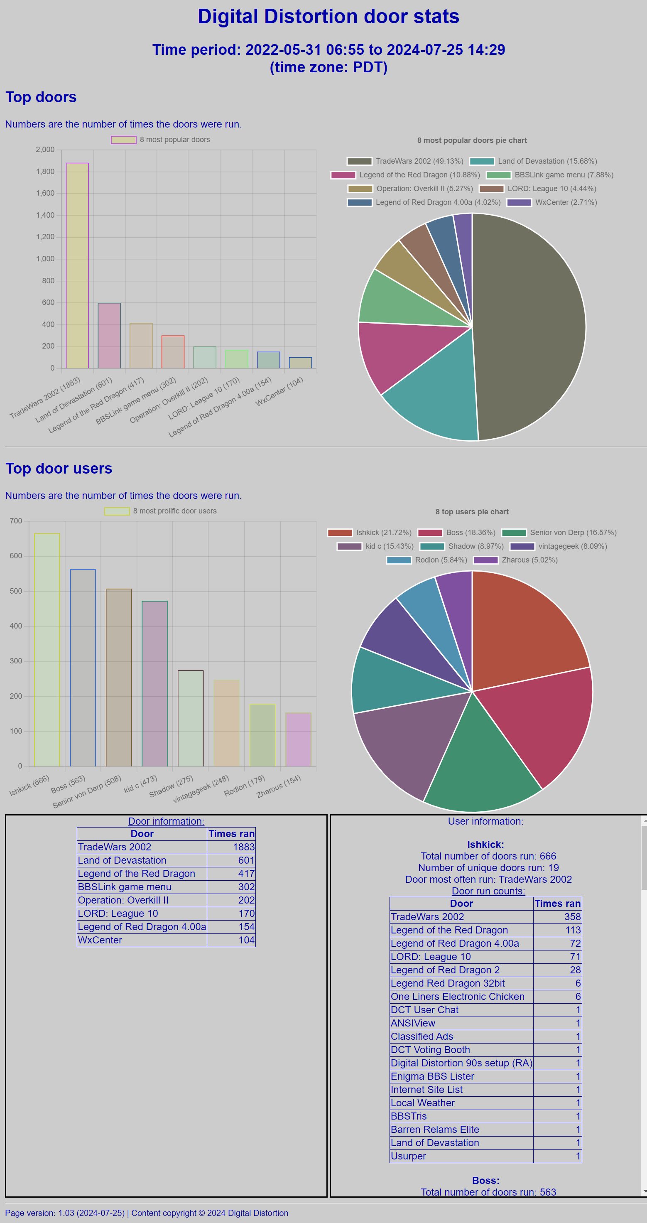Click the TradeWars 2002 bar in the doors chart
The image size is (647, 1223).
point(77,266)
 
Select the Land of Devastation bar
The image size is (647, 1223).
point(109,336)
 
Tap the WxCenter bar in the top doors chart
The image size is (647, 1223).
point(301,363)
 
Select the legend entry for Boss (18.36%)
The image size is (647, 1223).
point(471,533)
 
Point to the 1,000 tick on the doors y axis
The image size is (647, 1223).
point(45,259)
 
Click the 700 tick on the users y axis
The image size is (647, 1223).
point(16,521)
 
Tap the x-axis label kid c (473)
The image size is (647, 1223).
point(140,784)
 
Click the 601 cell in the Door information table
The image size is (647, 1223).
point(246,860)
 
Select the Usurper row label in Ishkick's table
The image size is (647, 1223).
point(408,1156)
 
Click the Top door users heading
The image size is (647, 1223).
point(59,469)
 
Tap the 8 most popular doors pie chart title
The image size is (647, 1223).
point(472,140)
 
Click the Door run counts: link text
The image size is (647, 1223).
point(488,891)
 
